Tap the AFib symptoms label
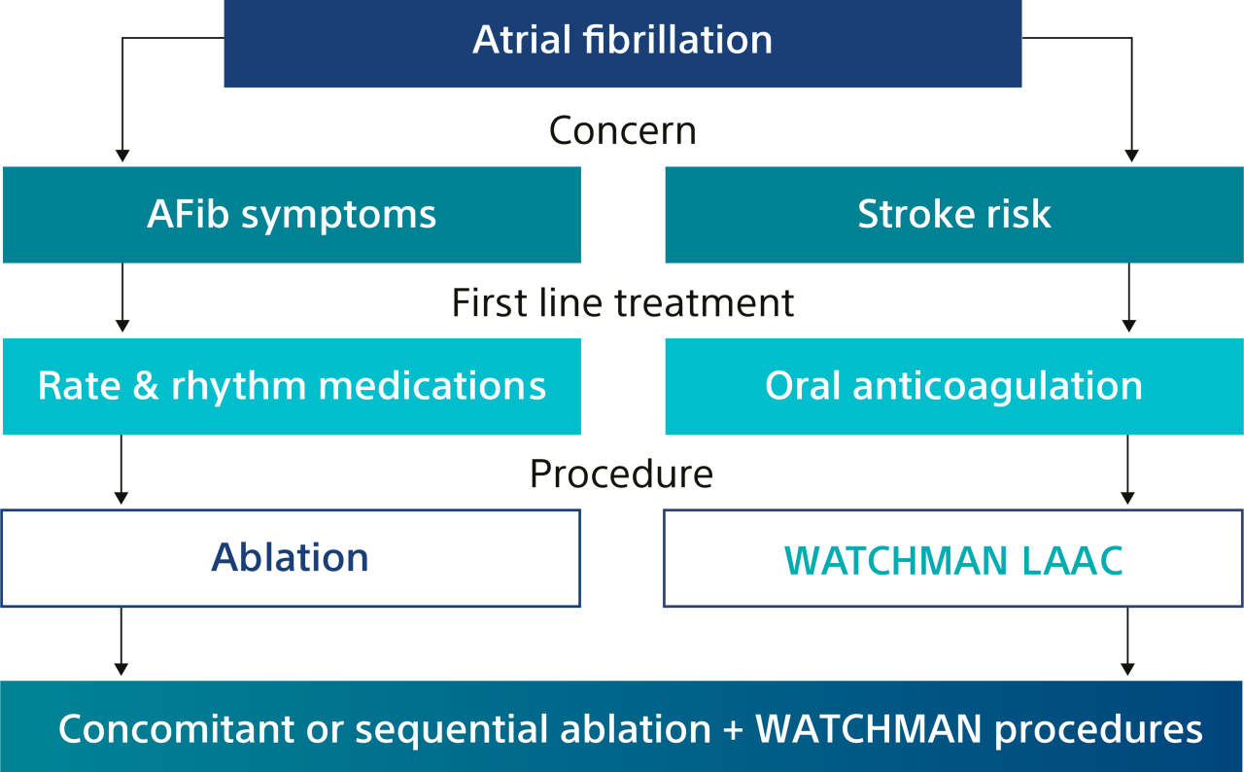point(292,215)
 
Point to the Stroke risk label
point(954,215)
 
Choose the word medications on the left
point(432,386)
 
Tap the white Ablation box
point(291,558)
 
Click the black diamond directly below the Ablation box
point(121,643)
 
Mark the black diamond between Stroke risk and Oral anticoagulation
point(1128,298)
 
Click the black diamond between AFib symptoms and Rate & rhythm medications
point(122,298)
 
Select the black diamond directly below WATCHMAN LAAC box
point(1128,643)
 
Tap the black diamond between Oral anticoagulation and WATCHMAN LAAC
point(1128,471)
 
